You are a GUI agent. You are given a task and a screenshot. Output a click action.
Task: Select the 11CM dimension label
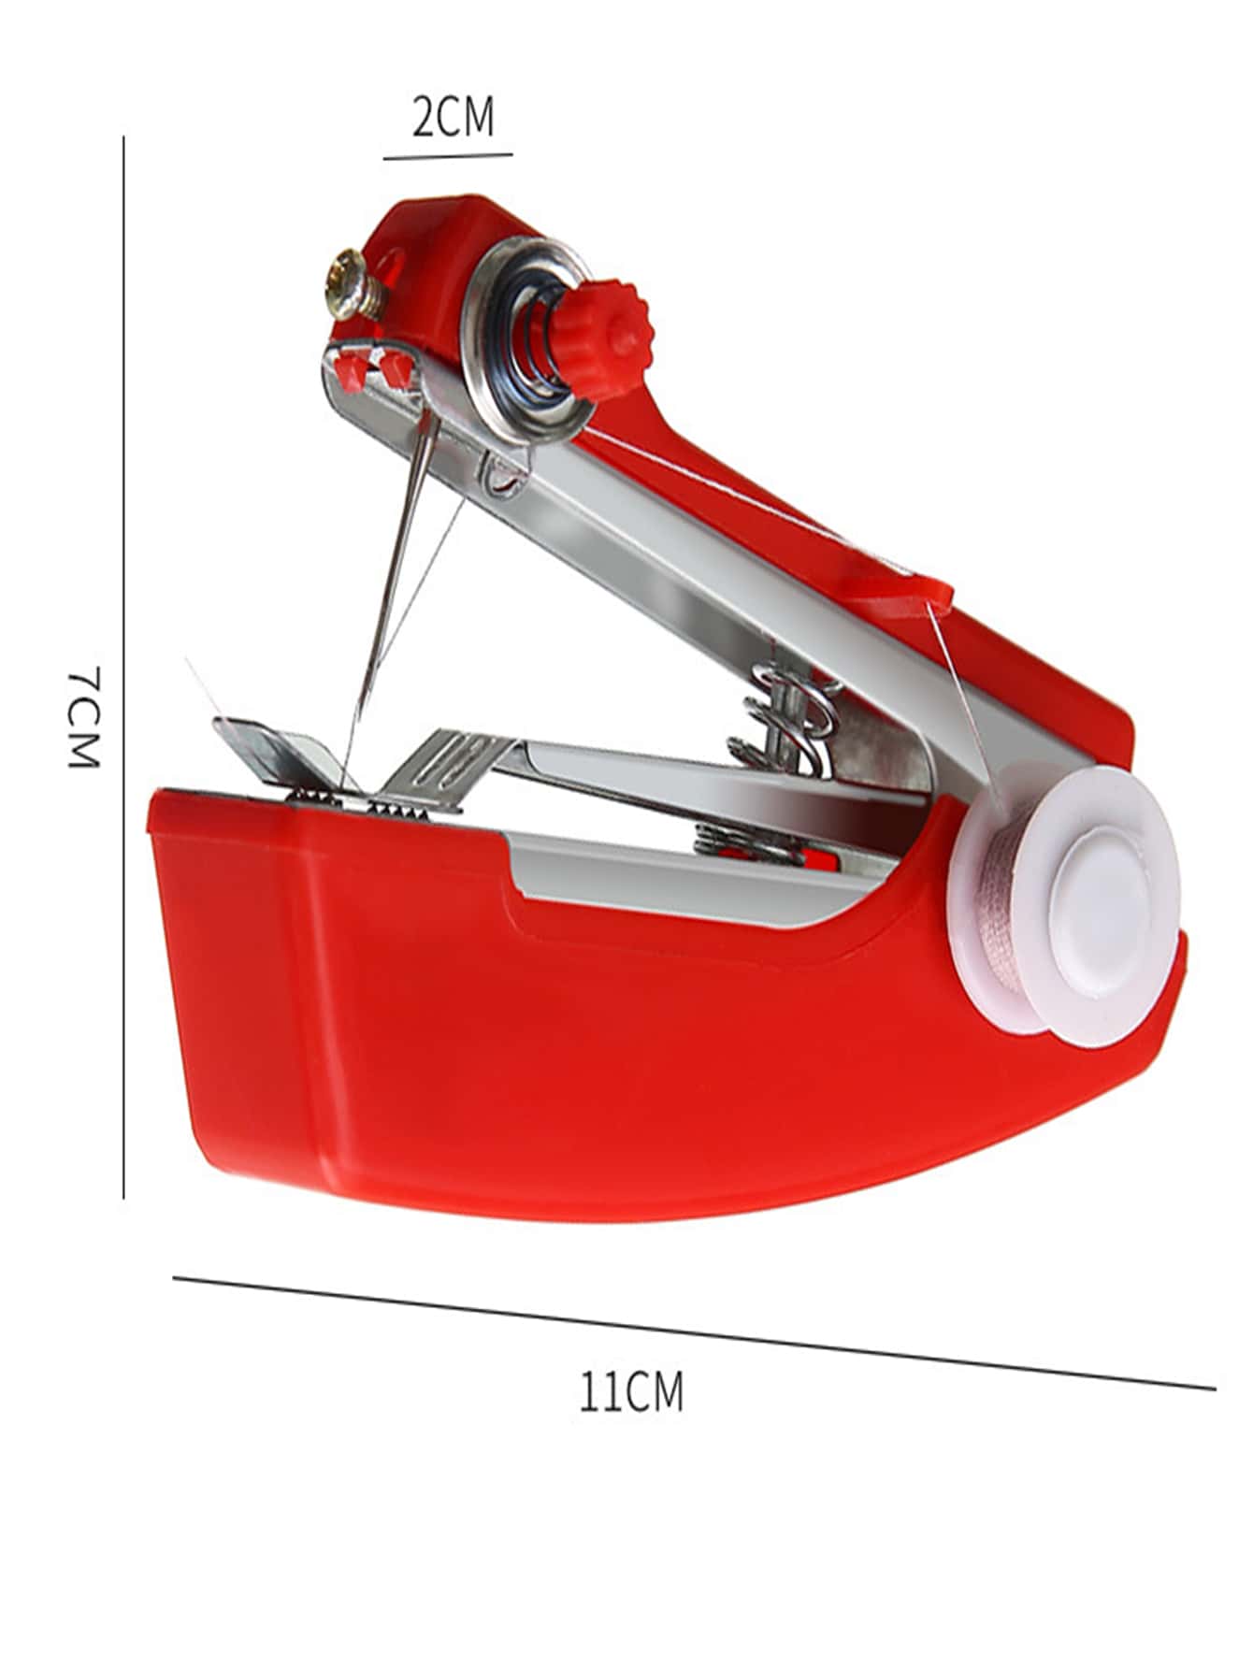coord(631,1391)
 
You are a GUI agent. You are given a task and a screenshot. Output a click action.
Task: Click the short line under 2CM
coord(448,156)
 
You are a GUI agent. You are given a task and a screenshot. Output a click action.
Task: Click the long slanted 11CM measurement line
coord(695,1332)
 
